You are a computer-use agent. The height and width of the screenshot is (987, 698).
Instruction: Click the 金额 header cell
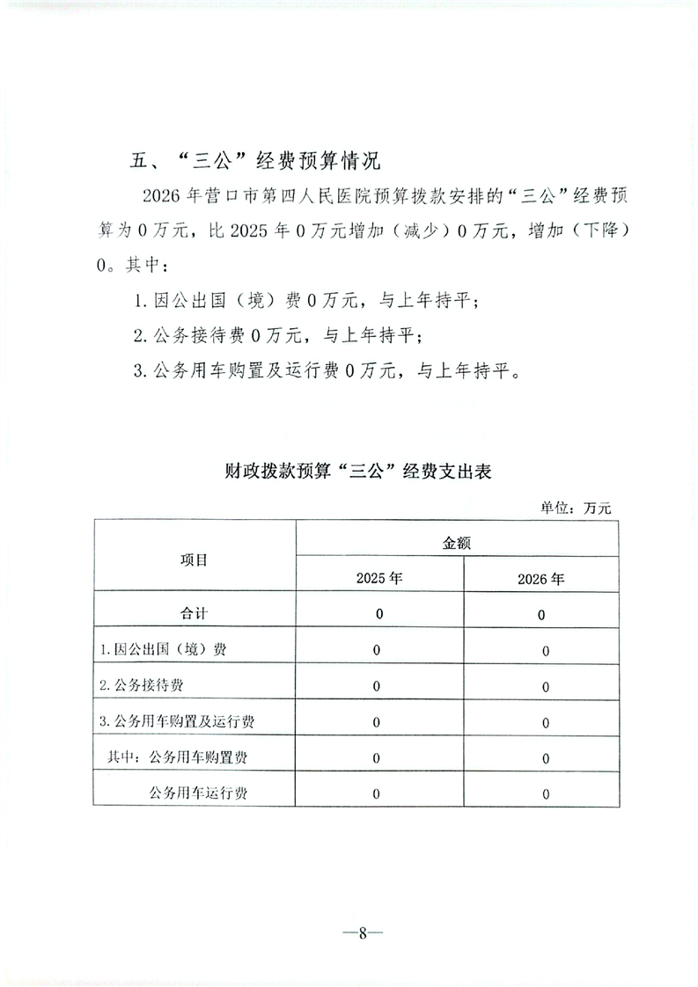[x=456, y=543]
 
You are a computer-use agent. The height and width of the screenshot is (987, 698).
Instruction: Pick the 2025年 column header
[x=379, y=579]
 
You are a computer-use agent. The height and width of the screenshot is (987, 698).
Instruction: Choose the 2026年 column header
[x=541, y=579]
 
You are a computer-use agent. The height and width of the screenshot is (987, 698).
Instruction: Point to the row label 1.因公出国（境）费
[x=164, y=650]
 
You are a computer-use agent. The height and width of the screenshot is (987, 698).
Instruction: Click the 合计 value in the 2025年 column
[x=378, y=614]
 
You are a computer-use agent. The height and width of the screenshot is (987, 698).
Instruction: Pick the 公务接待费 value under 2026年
[x=546, y=686]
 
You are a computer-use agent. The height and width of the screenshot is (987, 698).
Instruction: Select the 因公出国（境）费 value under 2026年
[x=546, y=651]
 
